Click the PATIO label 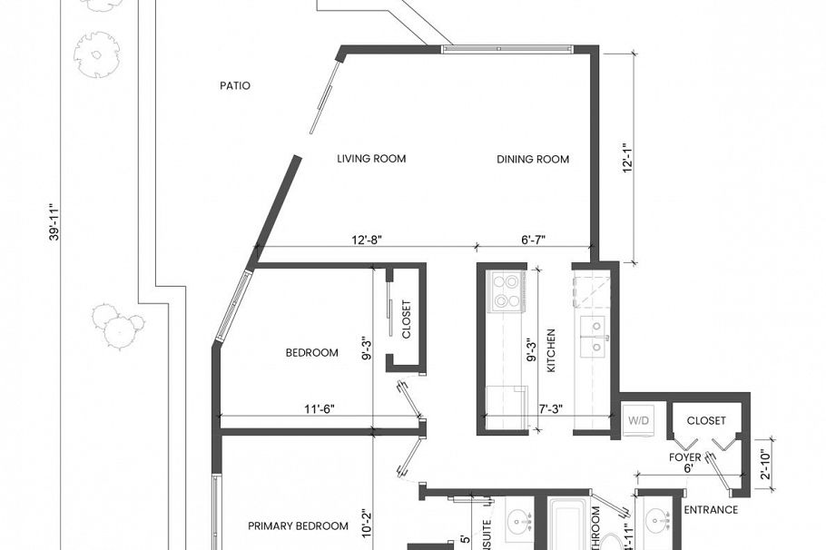235,86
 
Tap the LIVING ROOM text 371,159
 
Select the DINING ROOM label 533,160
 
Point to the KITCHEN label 551,350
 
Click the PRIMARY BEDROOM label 299,525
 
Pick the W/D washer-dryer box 638,421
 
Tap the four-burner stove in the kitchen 505,291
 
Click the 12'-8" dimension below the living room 365,241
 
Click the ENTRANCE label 710,510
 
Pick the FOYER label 685,457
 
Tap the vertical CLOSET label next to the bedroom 406,319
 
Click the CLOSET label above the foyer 706,421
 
